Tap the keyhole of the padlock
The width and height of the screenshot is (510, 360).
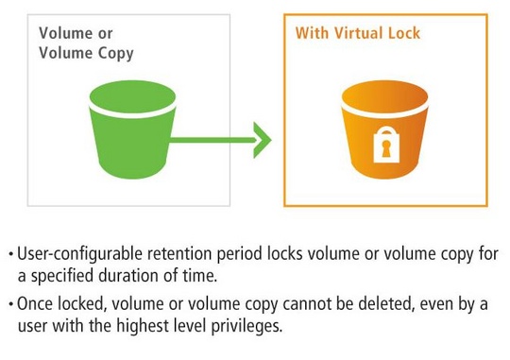click(385, 147)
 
